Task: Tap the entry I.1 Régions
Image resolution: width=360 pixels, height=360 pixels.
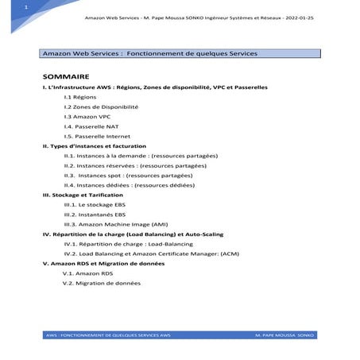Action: [x=80, y=96]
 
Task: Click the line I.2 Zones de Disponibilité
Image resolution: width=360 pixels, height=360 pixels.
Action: [x=100, y=106]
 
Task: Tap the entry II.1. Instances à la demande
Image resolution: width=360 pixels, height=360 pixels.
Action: [x=140, y=157]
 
